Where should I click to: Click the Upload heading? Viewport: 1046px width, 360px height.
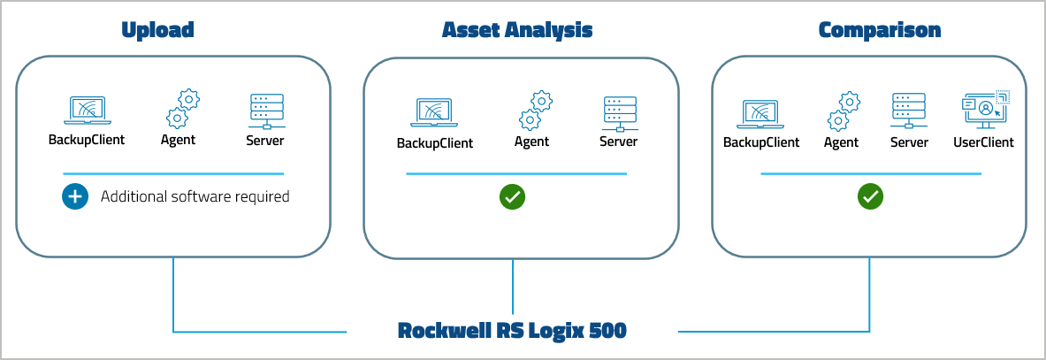pos(157,30)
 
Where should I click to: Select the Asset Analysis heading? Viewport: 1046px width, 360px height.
pos(517,30)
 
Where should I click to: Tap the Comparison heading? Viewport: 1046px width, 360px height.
pos(879,30)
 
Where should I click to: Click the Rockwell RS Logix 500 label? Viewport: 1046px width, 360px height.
pos(512,331)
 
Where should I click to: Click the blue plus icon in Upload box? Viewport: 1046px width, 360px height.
pos(75,196)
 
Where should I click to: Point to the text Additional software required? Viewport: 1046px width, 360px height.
pos(195,196)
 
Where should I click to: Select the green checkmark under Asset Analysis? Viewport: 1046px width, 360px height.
pos(512,196)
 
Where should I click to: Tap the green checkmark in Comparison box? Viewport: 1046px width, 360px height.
pos(870,196)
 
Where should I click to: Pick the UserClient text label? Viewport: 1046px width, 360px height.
pos(983,142)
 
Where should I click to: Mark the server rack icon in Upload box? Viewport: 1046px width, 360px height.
pos(266,111)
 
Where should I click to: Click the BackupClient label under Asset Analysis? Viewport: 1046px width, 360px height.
pos(434,143)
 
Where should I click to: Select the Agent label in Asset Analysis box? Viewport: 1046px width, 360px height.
pos(531,142)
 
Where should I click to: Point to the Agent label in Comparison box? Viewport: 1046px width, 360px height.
pos(841,142)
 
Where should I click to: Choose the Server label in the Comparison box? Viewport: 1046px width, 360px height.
pos(909,142)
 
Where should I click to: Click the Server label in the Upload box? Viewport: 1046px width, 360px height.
pos(265,140)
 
